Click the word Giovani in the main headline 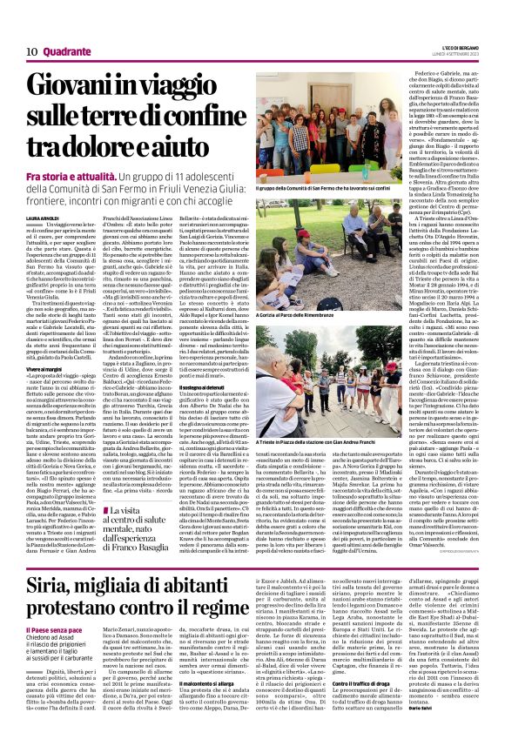(x=64, y=84)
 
